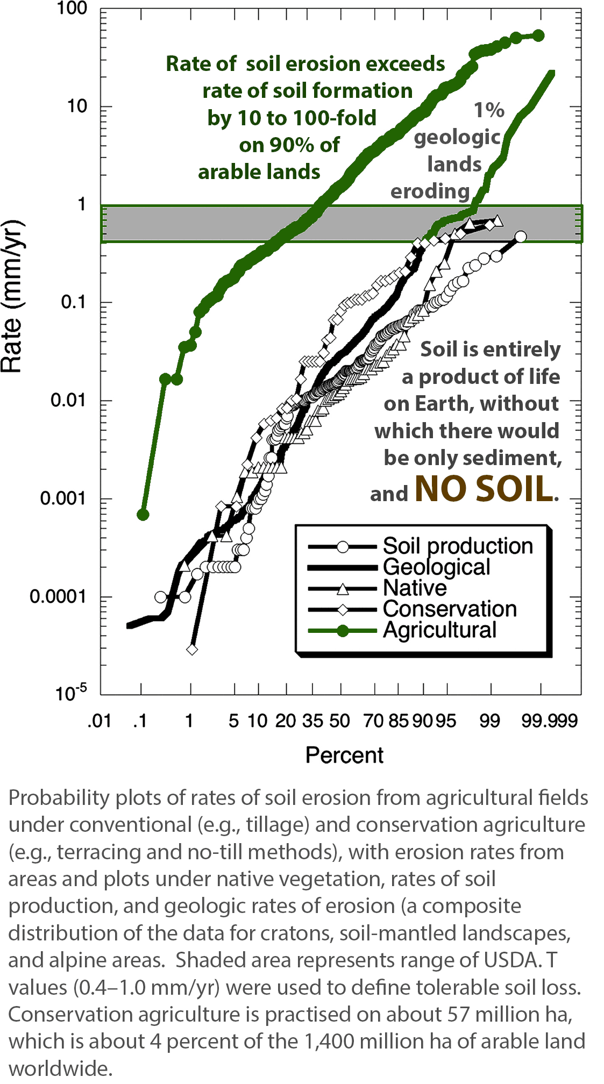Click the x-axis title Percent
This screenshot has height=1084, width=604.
[344, 755]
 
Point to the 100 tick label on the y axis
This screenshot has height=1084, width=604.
[72, 9]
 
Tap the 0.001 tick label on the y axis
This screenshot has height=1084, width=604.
[62, 498]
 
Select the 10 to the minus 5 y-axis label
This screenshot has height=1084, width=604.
[70, 693]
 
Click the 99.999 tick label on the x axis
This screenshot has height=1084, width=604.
[549, 721]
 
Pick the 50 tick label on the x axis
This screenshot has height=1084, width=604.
[339, 721]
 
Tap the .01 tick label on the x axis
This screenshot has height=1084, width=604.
[100, 721]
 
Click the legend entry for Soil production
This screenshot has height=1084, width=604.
[457, 546]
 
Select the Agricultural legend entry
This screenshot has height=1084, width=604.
[439, 630]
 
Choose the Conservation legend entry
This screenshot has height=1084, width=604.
[450, 609]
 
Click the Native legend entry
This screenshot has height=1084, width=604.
[415, 588]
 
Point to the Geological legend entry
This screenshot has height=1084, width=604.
[436, 567]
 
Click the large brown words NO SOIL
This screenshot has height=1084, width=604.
[484, 489]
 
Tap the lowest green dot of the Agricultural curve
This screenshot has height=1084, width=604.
[143, 515]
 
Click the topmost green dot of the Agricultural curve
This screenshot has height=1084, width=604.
[538, 35]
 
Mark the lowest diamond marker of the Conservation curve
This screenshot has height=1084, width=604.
[192, 650]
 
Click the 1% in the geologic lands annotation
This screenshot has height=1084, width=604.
[489, 110]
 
